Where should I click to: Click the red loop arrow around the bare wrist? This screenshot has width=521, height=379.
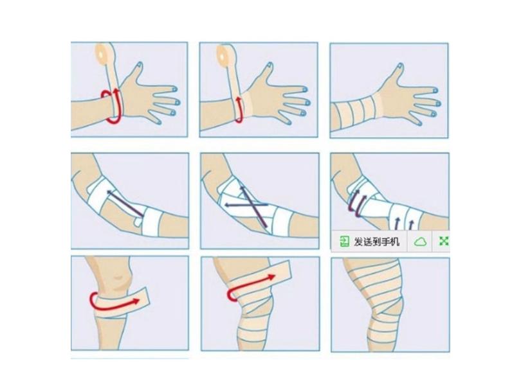[x=112, y=107]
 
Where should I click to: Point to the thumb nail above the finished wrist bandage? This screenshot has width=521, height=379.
[x=400, y=66]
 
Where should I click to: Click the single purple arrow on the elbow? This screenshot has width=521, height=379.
[x=125, y=203]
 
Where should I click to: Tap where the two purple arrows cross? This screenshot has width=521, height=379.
[x=251, y=205]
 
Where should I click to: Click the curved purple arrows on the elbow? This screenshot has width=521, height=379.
[x=356, y=203]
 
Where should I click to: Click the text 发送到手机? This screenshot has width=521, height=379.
[x=376, y=242]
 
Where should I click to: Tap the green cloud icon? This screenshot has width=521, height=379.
[x=420, y=242]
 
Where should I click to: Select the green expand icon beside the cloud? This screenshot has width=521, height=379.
[x=444, y=241]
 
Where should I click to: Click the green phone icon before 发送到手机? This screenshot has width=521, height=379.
[x=344, y=242]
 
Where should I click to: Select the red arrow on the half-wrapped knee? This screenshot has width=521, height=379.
[x=250, y=287]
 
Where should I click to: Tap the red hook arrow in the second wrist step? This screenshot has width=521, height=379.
[x=238, y=110]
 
